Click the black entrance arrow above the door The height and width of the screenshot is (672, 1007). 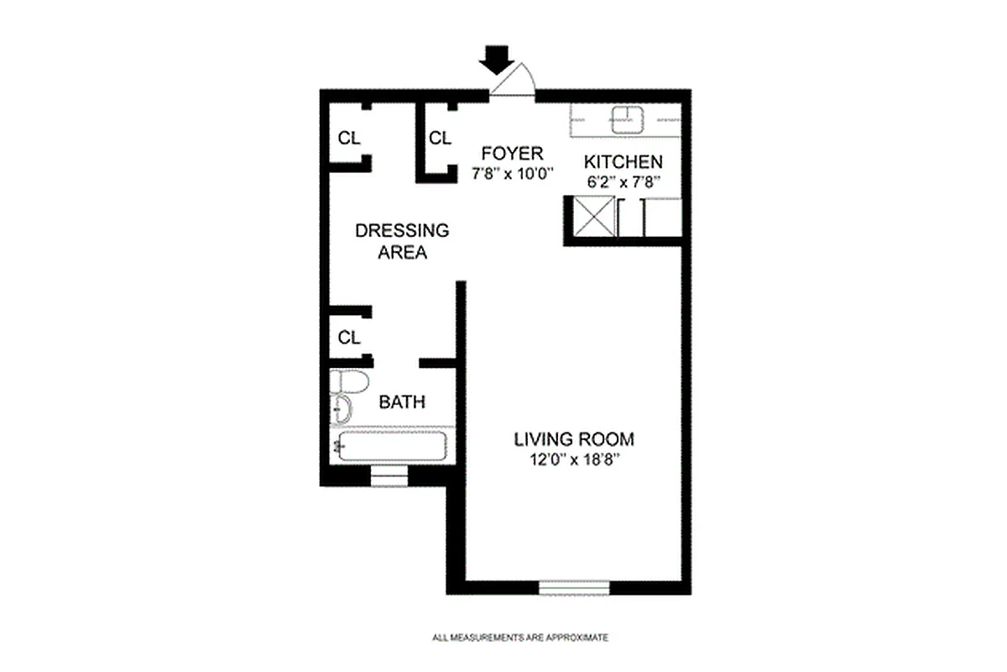click(x=498, y=59)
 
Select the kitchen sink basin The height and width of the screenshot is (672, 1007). click(x=625, y=119)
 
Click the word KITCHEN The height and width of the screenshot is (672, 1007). click(x=624, y=162)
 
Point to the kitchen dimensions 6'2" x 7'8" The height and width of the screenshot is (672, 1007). click(x=624, y=181)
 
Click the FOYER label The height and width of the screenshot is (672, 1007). click(x=512, y=154)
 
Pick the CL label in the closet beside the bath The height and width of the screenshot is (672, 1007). click(x=349, y=338)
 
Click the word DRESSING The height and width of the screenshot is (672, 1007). click(x=402, y=231)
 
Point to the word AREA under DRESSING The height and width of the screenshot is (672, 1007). click(x=402, y=252)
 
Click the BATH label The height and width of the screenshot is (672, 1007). click(x=402, y=402)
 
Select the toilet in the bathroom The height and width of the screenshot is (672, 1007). click(x=348, y=383)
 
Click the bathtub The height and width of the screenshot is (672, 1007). click(x=391, y=446)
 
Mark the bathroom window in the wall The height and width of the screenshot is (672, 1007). click(x=389, y=477)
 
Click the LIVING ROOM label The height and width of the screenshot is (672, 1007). click(x=574, y=439)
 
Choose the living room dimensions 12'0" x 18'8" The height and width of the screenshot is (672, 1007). click(x=574, y=459)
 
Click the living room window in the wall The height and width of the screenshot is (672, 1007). click(x=574, y=587)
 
